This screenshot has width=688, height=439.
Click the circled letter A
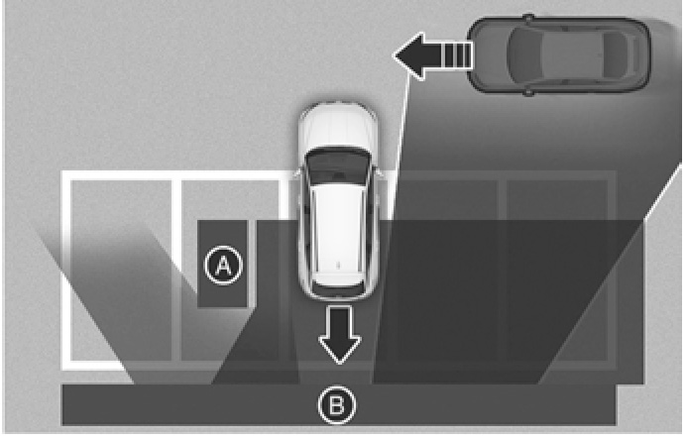[x=223, y=265]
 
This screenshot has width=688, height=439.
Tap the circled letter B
[x=337, y=404]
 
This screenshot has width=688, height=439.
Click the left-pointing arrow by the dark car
[x=432, y=56]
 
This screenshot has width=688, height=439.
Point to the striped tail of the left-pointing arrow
[x=459, y=55]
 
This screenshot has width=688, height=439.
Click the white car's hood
[x=338, y=127]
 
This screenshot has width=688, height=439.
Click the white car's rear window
[x=338, y=280]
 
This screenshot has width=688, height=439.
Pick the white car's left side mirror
[x=296, y=172]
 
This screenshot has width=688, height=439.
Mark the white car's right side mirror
[x=379, y=172]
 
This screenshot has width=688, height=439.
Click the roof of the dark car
[x=570, y=55]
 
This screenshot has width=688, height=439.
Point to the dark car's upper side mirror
[x=528, y=18]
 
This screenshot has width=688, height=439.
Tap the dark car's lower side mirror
[x=528, y=92]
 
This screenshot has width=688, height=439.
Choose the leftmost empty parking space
[x=121, y=271]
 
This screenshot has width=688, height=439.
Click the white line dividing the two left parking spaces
[x=176, y=271]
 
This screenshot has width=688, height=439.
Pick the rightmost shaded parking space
[x=557, y=271]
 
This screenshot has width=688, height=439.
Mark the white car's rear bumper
[x=338, y=293]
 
